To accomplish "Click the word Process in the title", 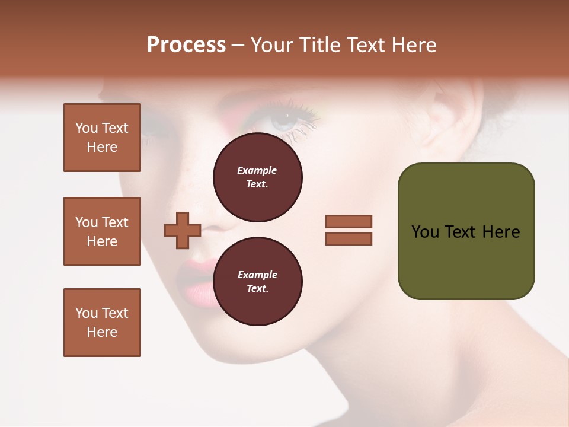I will point(186,45).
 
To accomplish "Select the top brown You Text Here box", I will point(102,138).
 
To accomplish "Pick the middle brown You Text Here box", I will point(102,231).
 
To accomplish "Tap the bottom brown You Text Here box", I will point(102,323).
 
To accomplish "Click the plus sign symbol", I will point(183,230).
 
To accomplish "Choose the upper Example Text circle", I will point(257,177).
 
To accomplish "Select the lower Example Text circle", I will point(257,281).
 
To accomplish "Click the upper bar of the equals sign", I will point(349,221).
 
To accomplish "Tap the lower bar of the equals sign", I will point(349,238).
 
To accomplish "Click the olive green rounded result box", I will point(466,231).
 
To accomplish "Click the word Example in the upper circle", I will point(257,171).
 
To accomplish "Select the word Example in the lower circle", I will point(257,275).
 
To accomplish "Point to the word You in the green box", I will point(425,232).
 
